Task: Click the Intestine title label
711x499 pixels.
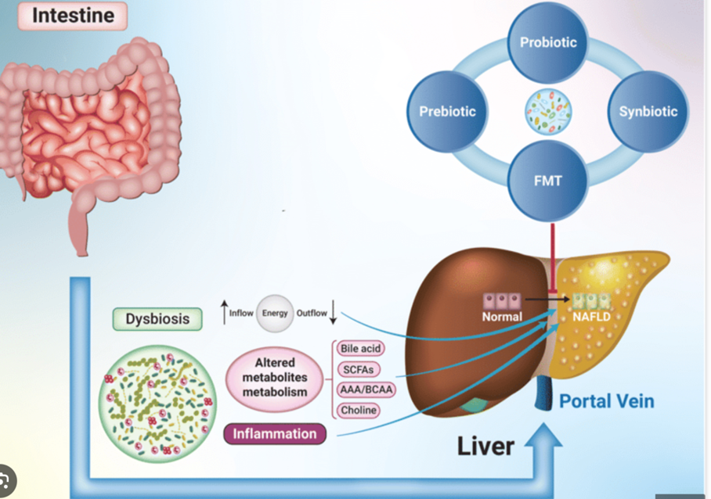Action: coord(73,16)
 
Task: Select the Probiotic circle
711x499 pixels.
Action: coord(547,42)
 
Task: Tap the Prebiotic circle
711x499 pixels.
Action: coord(447,111)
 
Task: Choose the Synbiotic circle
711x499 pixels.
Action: coord(648,111)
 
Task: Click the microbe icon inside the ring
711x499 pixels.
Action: coord(547,110)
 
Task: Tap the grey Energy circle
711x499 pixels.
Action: coord(275,313)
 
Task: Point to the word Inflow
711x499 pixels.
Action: coord(241,313)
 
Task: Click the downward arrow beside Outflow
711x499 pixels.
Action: coord(334,313)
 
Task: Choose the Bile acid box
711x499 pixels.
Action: coord(359,348)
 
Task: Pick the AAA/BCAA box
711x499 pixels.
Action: coord(365,390)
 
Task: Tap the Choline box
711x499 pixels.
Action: coord(359,410)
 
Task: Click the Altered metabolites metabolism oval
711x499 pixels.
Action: coord(274,377)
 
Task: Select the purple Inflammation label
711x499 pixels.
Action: coord(274,433)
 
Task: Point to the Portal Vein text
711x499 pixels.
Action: coord(606,401)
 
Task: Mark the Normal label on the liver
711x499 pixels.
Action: coord(502,317)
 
